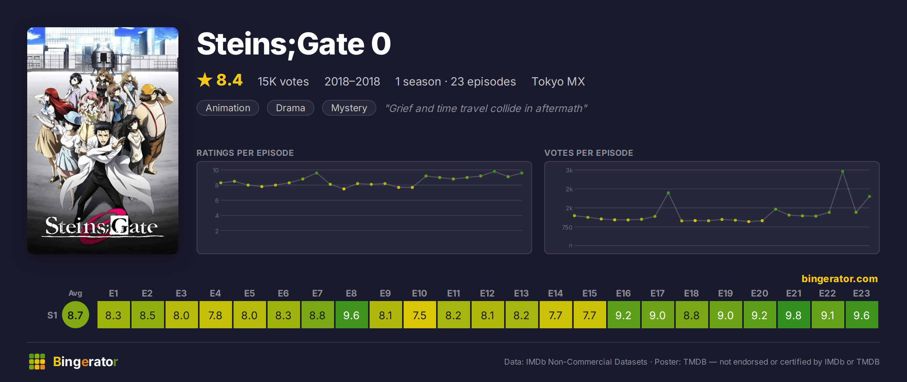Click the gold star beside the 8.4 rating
205,80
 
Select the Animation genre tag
228,108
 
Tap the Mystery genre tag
349,108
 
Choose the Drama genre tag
290,108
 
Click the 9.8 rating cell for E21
794,315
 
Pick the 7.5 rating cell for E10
419,315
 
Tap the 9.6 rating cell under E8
351,315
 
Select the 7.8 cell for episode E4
215,315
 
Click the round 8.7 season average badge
76,315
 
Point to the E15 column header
590,293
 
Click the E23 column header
862,293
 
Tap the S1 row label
52,315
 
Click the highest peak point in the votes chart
843,171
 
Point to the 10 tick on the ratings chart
216,170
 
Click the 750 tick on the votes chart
567,227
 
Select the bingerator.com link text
840,279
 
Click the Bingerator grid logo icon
37,362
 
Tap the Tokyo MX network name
558,81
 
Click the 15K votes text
283,81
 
